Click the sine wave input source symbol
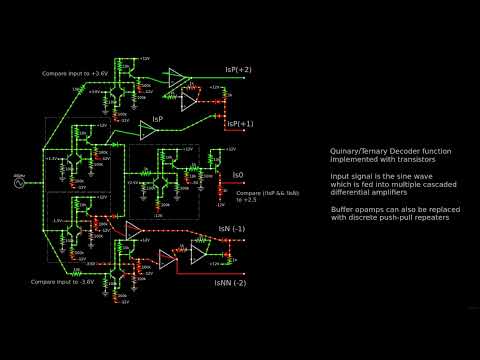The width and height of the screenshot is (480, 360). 19,182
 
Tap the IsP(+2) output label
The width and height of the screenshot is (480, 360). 238,71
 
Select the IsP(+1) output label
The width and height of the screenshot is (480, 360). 240,124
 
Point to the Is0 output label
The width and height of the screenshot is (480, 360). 238,175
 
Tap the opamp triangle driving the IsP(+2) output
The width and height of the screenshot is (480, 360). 178,76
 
